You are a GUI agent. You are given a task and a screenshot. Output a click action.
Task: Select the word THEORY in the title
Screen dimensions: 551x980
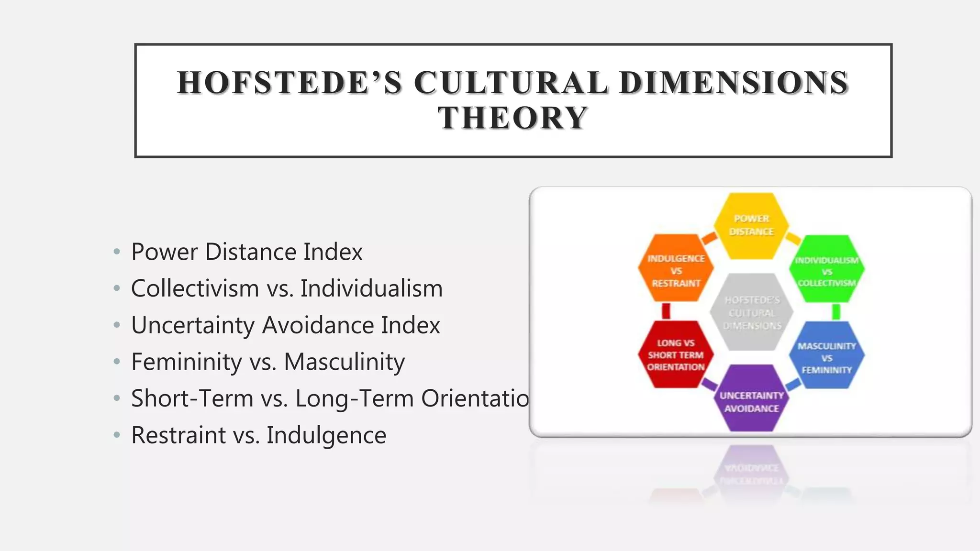pos(513,118)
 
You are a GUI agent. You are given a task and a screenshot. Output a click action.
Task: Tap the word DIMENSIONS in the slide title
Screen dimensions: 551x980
pos(734,82)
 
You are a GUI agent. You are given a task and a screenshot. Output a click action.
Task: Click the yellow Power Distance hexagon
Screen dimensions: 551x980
pos(751,225)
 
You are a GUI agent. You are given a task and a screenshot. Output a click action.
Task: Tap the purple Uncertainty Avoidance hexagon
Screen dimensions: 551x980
pos(751,399)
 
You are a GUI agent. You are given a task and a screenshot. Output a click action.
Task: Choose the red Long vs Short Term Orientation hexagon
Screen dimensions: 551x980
pos(676,354)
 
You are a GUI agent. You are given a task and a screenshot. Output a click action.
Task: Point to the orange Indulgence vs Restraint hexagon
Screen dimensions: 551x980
pos(676,269)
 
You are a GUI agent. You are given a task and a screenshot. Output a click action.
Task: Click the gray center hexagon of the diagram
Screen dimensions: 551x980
pos(752,312)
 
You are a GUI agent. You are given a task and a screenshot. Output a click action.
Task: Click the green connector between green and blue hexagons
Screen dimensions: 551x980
pos(836,312)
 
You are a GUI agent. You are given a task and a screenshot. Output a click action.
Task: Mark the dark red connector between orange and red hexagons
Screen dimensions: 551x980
pos(666,311)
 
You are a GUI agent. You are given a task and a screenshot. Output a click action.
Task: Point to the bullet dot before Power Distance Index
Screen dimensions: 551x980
pos(117,252)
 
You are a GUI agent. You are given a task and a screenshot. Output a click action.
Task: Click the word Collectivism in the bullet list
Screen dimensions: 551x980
pos(195,288)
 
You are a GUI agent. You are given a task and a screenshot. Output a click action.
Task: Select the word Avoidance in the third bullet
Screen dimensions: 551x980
pos(318,325)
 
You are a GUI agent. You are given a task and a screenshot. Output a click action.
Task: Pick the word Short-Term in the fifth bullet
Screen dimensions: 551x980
pos(192,398)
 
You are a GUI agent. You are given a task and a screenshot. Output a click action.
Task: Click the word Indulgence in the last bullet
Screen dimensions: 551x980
pos(326,435)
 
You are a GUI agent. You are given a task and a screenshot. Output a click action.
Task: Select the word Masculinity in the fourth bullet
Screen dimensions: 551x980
pos(344,362)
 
